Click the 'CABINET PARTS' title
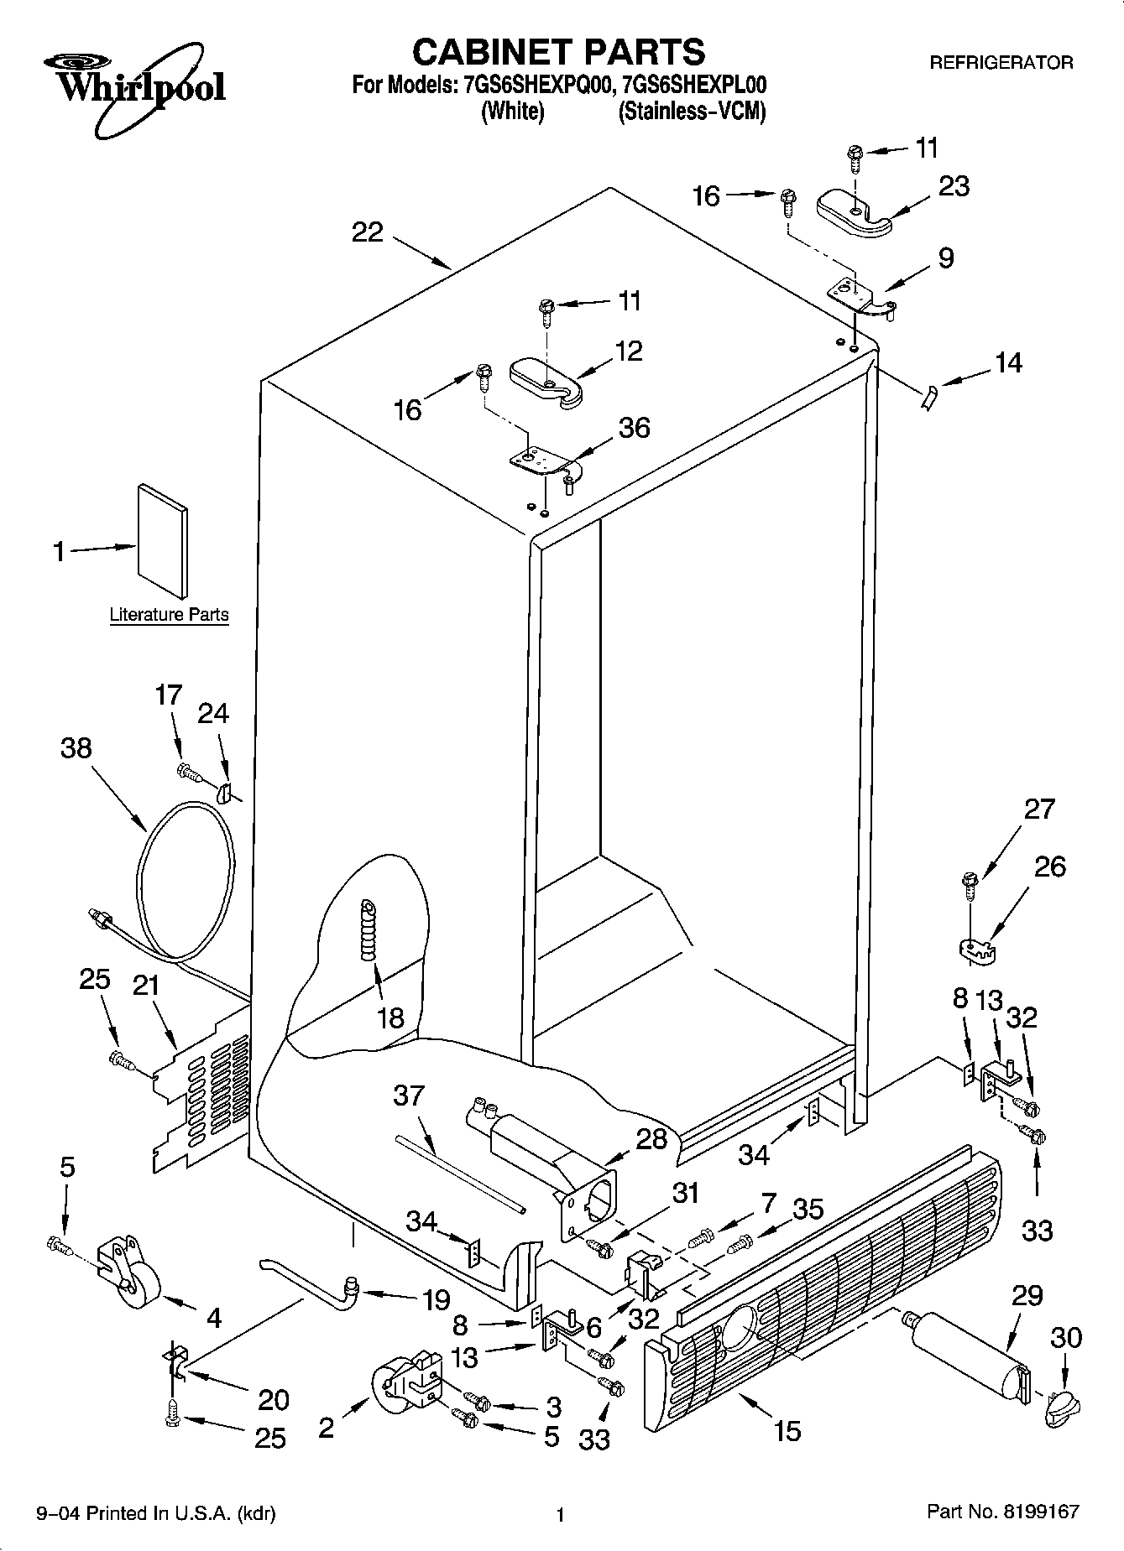click(558, 52)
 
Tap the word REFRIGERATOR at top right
click(1001, 63)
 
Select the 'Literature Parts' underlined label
click(169, 615)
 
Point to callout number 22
click(367, 232)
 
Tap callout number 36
click(634, 428)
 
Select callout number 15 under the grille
click(787, 1429)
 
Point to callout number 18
click(390, 1018)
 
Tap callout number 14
click(1008, 362)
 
